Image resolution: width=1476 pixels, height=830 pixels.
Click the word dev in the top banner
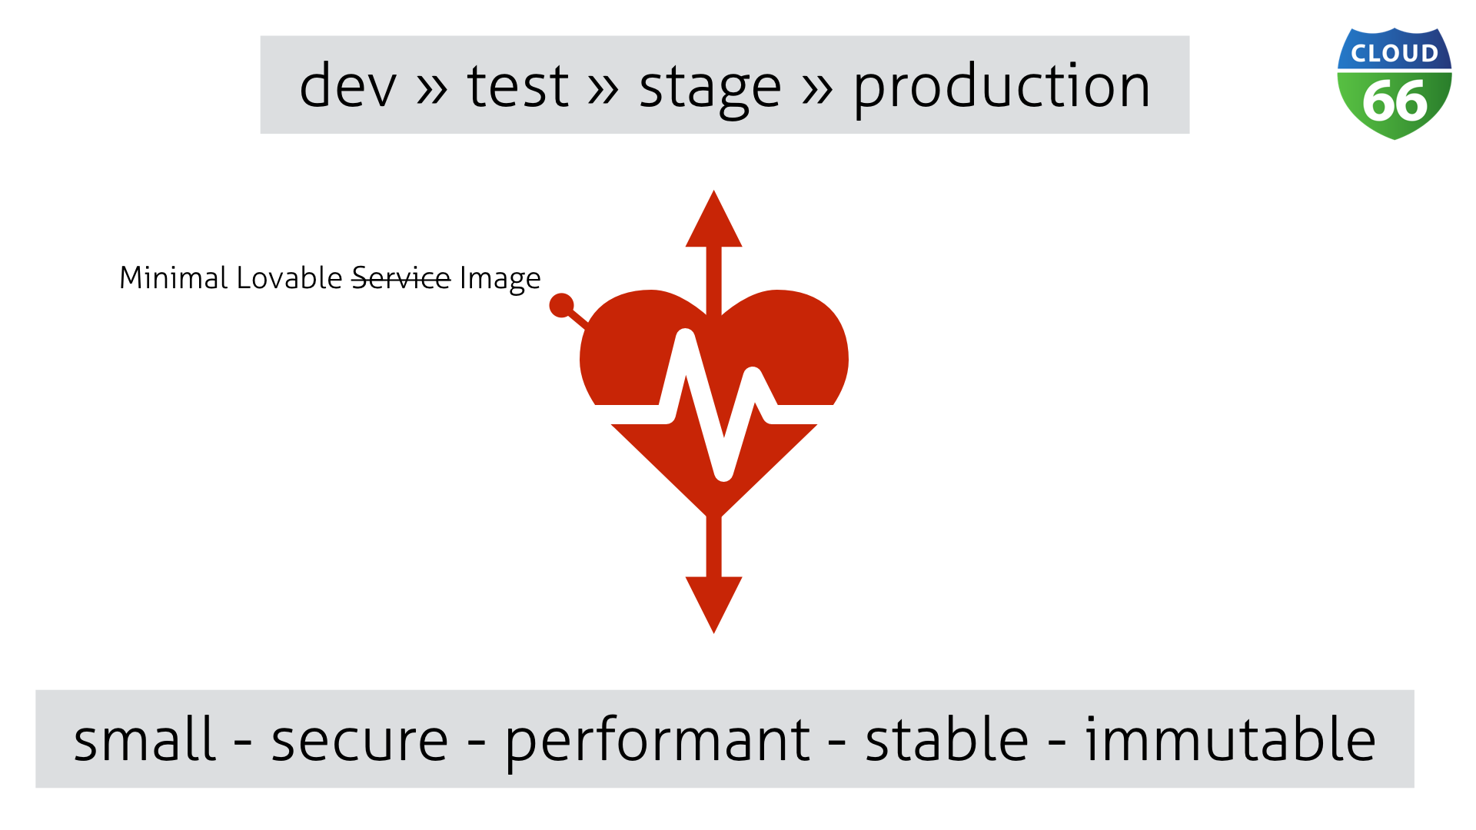[x=347, y=85]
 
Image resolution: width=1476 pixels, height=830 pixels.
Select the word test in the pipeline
[x=518, y=85]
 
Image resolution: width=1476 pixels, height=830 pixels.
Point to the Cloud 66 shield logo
[x=1394, y=85]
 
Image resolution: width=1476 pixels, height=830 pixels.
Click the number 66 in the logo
[x=1395, y=101]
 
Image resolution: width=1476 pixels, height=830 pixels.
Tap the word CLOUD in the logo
[x=1395, y=54]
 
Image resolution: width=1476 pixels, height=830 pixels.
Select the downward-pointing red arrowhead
[x=713, y=603]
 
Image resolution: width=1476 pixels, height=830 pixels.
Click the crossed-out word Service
[x=401, y=278]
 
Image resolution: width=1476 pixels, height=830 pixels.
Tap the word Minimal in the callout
[x=173, y=278]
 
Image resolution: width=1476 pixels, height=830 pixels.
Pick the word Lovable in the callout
[x=289, y=278]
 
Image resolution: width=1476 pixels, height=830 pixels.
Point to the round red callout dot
[x=562, y=305]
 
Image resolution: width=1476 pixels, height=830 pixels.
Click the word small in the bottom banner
[x=144, y=739]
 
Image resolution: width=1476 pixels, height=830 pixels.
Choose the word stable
[x=946, y=739]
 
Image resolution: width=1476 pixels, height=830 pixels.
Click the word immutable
[x=1230, y=739]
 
